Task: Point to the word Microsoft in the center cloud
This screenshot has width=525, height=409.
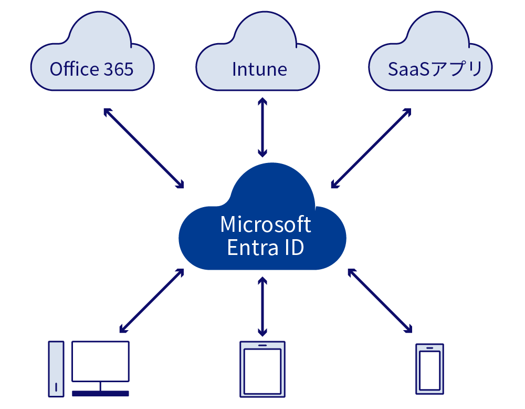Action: click(266, 224)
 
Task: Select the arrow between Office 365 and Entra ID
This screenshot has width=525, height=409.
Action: click(144, 148)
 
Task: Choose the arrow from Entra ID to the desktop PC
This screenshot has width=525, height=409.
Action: click(152, 301)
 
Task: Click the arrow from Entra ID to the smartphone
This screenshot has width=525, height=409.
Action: click(379, 301)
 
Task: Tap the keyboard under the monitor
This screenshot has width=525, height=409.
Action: click(100, 393)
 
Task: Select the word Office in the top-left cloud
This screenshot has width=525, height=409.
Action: click(74, 69)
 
